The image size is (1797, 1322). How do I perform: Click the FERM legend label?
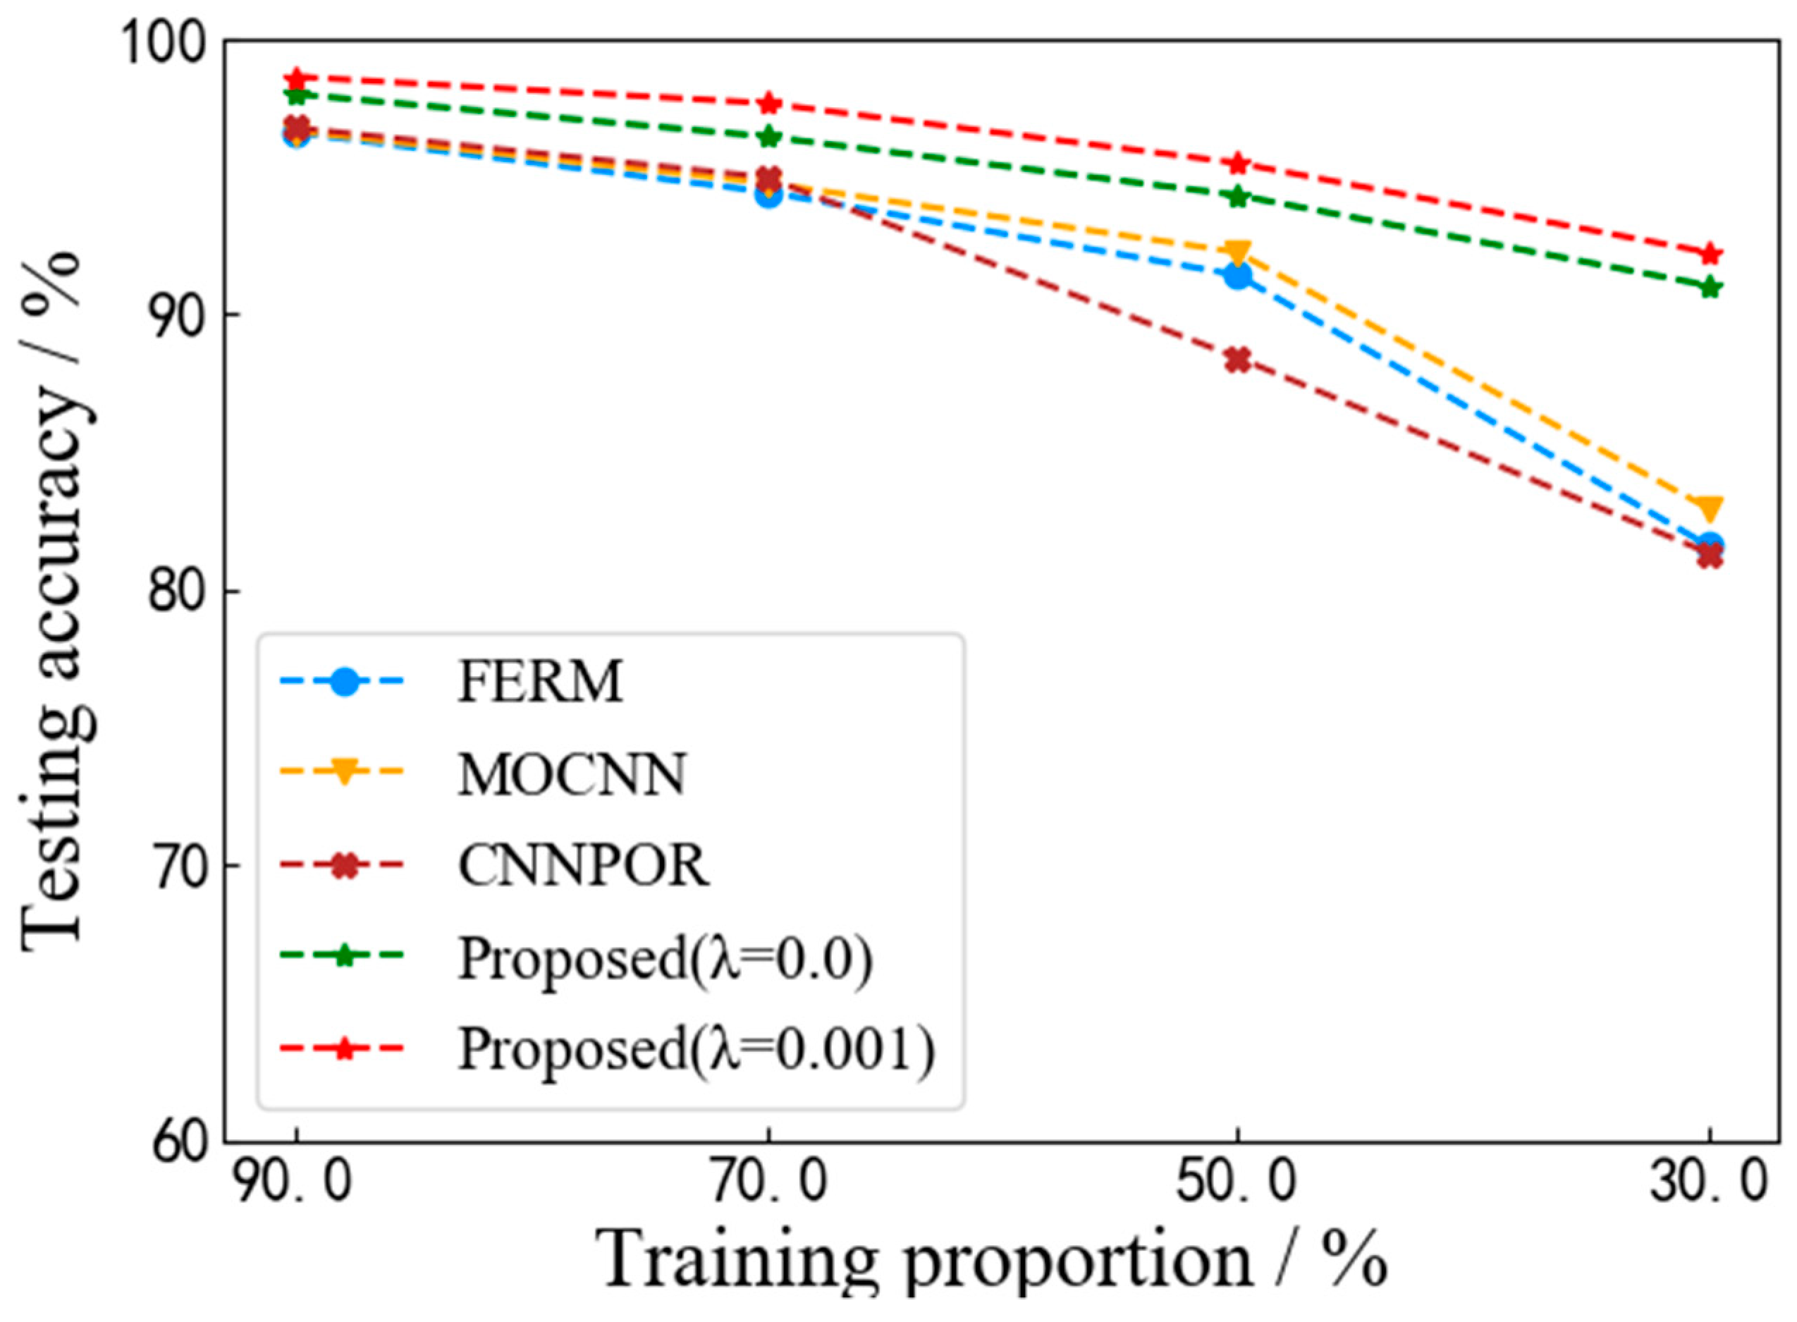(539, 683)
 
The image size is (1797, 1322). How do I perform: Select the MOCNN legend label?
(571, 775)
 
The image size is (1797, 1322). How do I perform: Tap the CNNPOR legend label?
(583, 866)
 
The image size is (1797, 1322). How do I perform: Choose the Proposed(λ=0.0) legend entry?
(665, 958)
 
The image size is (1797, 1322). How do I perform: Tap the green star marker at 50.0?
(1238, 196)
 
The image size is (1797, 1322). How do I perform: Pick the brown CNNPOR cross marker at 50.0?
(1238, 360)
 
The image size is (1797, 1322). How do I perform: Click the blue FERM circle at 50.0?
(1238, 276)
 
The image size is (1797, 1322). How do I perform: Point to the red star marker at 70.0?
(769, 103)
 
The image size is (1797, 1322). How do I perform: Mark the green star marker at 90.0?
(297, 95)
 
